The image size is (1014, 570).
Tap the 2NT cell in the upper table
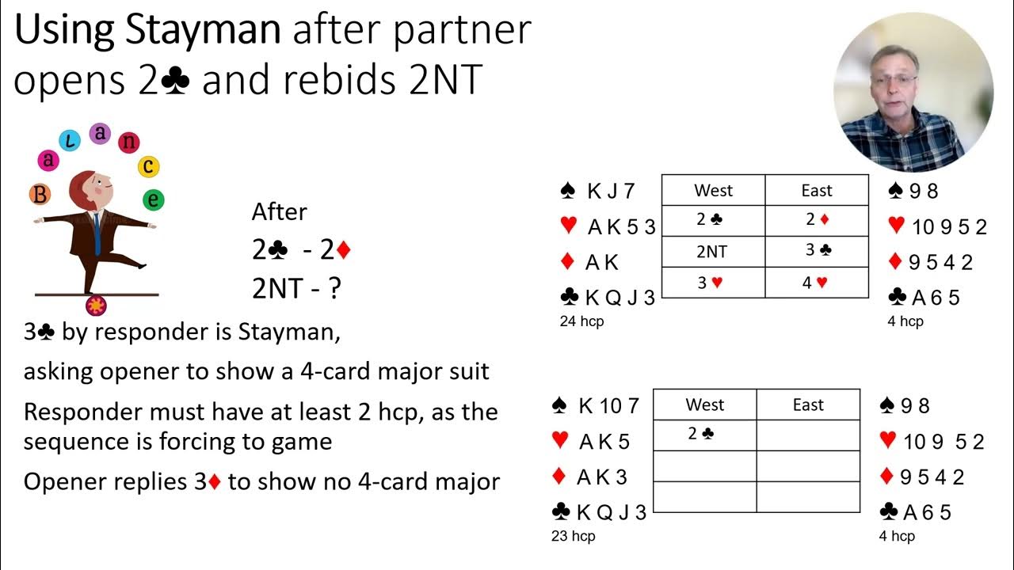click(x=713, y=252)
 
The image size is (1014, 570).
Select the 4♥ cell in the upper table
click(x=816, y=283)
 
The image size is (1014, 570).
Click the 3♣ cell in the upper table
click(x=816, y=252)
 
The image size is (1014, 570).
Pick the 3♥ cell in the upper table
click(x=713, y=283)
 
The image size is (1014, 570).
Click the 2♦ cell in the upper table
click(x=816, y=220)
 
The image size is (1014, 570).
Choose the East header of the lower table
click(x=808, y=405)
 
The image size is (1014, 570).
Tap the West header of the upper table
click(x=713, y=191)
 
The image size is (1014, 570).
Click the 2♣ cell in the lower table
click(x=704, y=434)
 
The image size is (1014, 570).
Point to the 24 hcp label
click(x=581, y=321)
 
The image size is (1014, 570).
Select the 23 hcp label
click(x=573, y=537)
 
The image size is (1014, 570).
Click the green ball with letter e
click(x=153, y=199)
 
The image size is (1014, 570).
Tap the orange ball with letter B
click(x=40, y=194)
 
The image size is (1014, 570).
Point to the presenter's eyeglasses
click(x=894, y=80)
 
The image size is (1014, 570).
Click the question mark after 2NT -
click(x=334, y=289)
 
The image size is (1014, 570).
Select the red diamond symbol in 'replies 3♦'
click(x=214, y=482)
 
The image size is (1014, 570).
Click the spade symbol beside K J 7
click(x=567, y=191)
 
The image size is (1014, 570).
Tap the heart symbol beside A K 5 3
click(x=568, y=226)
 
